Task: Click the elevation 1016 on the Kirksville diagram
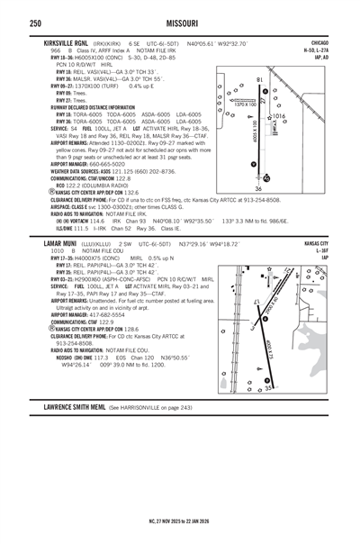tap(277, 116)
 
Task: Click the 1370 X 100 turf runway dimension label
tap(246, 104)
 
